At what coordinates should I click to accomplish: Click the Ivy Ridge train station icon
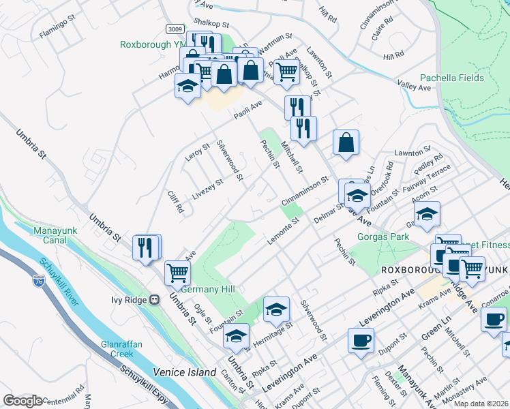point(155,300)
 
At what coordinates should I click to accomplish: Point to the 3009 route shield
point(175,29)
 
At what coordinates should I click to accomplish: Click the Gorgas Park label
point(382,237)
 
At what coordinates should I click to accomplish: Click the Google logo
point(22,400)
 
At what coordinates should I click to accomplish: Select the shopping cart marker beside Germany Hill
point(177,272)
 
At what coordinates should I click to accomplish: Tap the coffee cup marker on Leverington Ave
point(361,339)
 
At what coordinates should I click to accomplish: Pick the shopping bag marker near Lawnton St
point(346,142)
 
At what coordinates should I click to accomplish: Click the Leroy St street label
point(197,152)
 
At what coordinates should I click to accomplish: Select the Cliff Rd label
point(176,202)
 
